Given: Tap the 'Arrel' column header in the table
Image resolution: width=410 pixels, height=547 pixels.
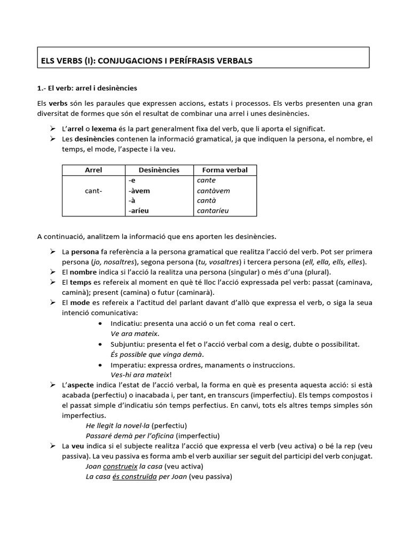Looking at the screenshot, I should pyautogui.click(x=93, y=170).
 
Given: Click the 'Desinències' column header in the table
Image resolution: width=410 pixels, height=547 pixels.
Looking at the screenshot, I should pyautogui.click(x=159, y=170).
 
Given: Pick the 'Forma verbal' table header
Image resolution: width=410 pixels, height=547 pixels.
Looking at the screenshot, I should pyautogui.click(x=225, y=170).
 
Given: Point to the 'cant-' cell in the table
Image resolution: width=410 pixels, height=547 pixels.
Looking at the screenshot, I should pyautogui.click(x=93, y=191).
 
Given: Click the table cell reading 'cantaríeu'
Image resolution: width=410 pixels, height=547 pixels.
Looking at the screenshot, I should pyautogui.click(x=212, y=211).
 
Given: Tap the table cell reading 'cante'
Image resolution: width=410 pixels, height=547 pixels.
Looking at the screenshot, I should pyautogui.click(x=206, y=181).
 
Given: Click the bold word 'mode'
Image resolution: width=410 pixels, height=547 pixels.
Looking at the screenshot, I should pyautogui.click(x=80, y=303).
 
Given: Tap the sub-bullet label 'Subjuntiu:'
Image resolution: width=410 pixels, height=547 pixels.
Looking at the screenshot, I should pyautogui.click(x=128, y=344).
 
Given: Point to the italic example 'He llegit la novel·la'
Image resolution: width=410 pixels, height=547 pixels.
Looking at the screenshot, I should pyautogui.click(x=117, y=426).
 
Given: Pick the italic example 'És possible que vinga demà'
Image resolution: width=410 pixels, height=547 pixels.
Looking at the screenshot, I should pyautogui.click(x=156, y=355).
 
